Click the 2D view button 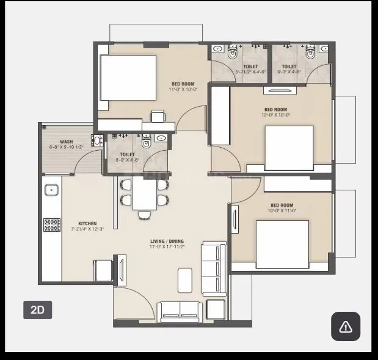[37, 309]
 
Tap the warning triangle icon [346, 326]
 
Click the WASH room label [67, 142]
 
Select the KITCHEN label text [87, 223]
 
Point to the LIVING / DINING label [167, 242]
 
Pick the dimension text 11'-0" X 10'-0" [183, 90]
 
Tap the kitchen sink [51, 189]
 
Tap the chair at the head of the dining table [144, 214]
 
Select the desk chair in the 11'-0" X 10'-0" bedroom [158, 115]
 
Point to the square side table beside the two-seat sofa [215, 309]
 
